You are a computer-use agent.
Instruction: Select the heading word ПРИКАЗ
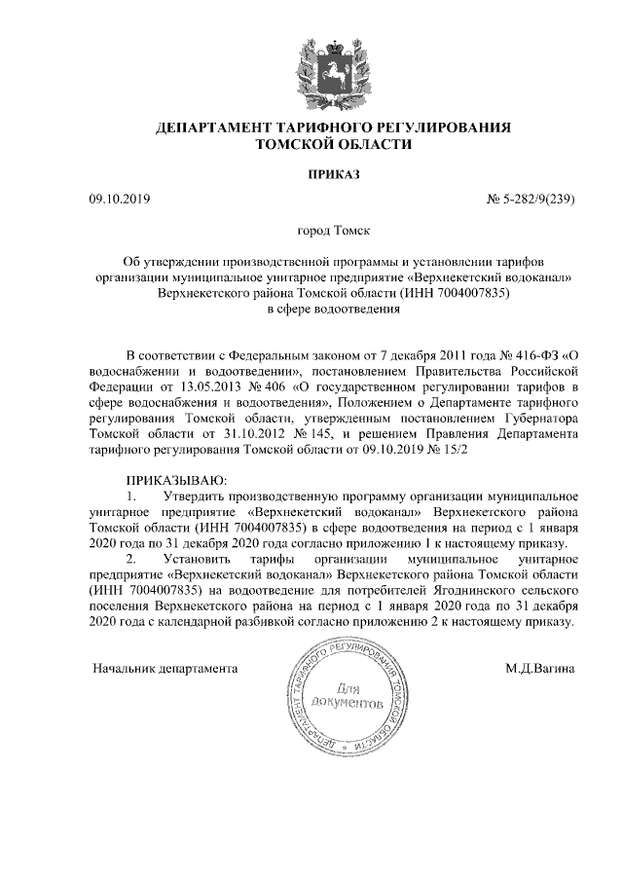[x=333, y=174]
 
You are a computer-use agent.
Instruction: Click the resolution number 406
[x=269, y=386]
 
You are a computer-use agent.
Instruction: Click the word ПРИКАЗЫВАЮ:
[x=175, y=480]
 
